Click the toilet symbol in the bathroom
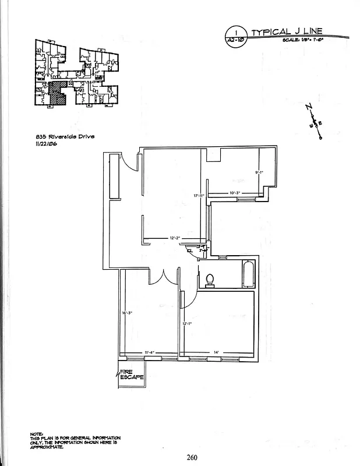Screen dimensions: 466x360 point(210,280)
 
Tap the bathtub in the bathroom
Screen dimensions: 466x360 point(248,274)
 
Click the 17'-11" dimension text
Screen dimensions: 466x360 point(199,196)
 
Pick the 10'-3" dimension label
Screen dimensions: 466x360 point(235,193)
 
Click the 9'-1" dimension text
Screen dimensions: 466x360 point(260,172)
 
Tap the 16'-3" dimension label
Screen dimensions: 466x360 point(127,313)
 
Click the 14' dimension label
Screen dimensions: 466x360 point(216,352)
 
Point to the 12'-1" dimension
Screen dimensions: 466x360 point(187,324)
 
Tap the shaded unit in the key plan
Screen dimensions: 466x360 point(56,93)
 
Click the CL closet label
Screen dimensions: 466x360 point(189,250)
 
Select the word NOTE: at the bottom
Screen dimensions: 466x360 point(36,433)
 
